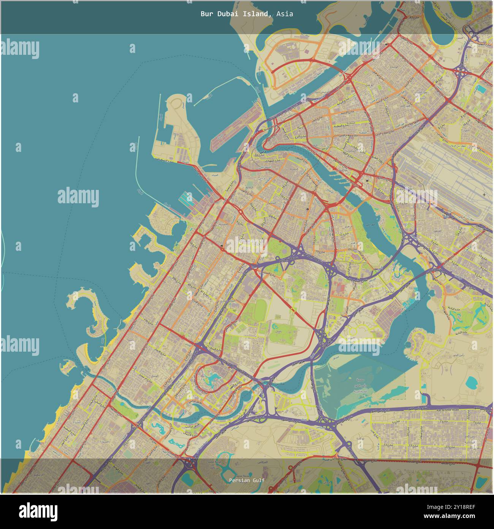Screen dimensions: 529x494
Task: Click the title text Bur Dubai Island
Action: coord(236,14)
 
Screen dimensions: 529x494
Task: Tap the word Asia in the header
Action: coord(285,14)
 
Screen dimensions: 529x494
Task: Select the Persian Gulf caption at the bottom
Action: coord(247,480)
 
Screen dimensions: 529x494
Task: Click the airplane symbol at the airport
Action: coord(484,194)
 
